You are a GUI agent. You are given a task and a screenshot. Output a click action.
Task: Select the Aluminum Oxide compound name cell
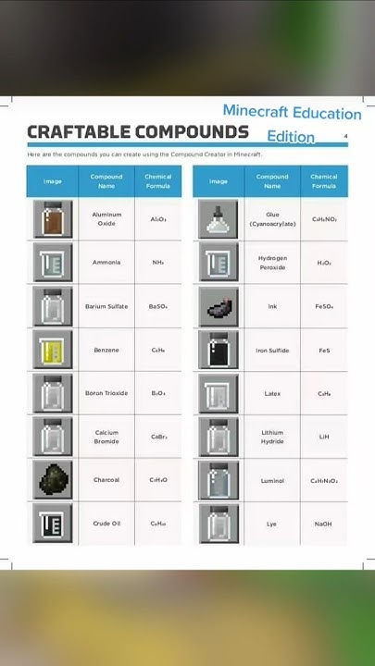pos(106,219)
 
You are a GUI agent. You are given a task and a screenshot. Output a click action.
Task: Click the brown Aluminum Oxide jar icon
pos(52,219)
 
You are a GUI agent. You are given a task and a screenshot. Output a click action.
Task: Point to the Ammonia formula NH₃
pos(157,263)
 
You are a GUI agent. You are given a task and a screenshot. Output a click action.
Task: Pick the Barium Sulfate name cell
pos(106,306)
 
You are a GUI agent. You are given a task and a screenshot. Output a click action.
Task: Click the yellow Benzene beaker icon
pos(52,351)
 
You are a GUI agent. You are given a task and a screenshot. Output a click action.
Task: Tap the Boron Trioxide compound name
pos(106,393)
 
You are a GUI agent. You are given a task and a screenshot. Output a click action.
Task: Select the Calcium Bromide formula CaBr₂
pos(157,437)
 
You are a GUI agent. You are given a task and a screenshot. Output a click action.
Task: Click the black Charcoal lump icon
pos(52,480)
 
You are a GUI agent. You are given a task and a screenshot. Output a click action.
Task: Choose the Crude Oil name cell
pos(106,524)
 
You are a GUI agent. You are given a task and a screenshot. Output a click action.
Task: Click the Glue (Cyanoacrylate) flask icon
pos(219,219)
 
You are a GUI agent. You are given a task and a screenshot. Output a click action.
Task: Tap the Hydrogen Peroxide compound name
pos(272,263)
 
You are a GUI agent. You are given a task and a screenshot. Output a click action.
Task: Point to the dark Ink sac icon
pos(219,306)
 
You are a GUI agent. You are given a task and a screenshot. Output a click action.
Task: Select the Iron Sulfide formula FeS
pos(324,351)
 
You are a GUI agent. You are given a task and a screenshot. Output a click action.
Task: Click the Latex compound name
pos(272,393)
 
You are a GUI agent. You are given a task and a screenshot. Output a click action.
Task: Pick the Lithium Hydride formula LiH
pos(324,437)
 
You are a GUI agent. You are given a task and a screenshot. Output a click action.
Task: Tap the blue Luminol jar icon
pos(219,480)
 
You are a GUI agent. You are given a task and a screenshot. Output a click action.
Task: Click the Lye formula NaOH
pos(324,524)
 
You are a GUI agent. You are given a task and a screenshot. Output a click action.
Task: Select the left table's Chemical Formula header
pos(157,180)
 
